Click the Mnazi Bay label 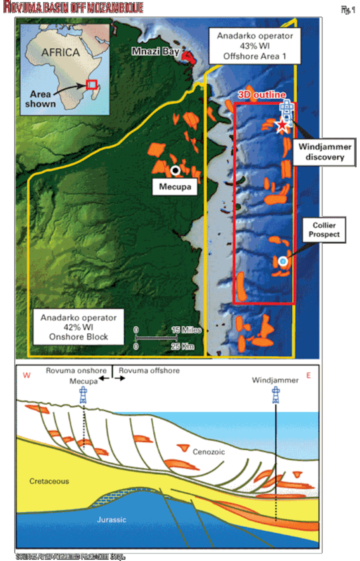155,51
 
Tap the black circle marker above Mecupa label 175,170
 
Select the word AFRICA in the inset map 60,52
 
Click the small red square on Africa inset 91,84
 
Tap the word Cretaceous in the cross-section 48,481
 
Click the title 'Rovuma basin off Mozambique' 73,8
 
